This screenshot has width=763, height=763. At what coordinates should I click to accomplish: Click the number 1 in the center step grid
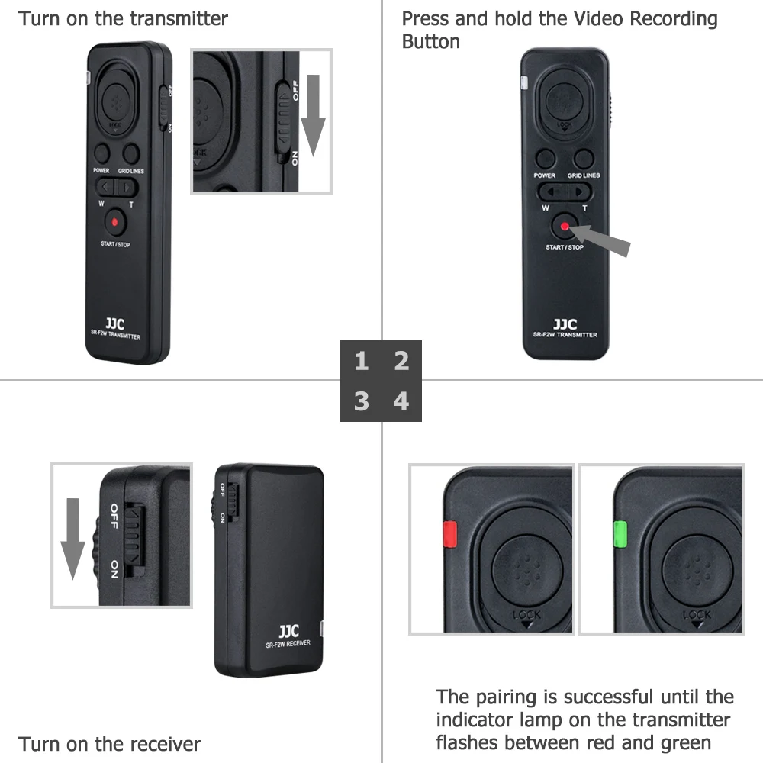click(x=362, y=361)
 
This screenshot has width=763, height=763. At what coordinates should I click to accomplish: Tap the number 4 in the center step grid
click(x=401, y=401)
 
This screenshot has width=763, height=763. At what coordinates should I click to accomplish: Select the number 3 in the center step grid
click(x=362, y=401)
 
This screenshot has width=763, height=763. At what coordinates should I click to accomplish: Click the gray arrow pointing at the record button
click(x=603, y=237)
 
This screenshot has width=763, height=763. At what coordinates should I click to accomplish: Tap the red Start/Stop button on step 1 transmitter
click(x=114, y=222)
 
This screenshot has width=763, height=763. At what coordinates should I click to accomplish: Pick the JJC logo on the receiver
click(x=288, y=631)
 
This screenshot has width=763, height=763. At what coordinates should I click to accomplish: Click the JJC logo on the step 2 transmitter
click(x=565, y=324)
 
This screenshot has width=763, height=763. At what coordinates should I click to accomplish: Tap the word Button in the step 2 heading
click(x=431, y=41)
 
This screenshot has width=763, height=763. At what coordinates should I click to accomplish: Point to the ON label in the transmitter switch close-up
click(x=295, y=158)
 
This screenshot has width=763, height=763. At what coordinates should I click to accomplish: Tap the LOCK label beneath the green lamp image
click(x=697, y=615)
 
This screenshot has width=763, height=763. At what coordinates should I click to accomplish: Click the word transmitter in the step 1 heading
click(x=179, y=18)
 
